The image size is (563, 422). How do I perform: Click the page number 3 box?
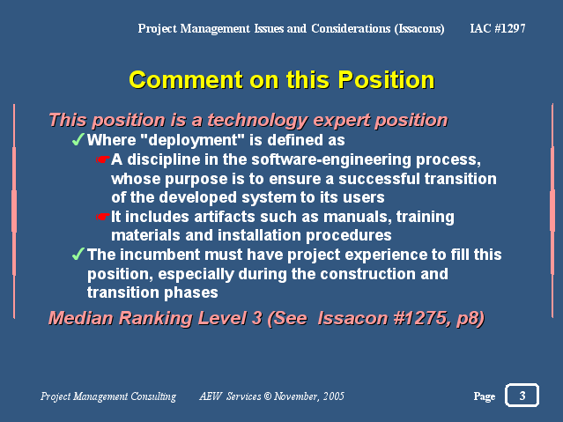522,395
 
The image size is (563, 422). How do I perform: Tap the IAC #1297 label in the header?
498,28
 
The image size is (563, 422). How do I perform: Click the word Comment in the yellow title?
186,79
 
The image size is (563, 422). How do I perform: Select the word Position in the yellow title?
386,79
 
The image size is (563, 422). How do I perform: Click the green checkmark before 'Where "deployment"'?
78,139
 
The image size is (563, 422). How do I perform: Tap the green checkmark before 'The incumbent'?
78,254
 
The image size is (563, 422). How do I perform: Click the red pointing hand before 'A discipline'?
103,159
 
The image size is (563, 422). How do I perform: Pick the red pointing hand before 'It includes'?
103,217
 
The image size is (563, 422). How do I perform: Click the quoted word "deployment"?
192,140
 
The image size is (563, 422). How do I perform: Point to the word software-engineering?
331,159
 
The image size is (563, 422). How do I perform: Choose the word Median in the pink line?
80,318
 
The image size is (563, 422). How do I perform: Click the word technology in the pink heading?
257,121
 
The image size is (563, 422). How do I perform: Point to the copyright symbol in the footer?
268,396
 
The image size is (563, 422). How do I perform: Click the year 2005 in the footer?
334,396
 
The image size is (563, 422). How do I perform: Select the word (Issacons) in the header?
419,29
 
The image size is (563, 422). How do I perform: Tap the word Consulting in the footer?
153,396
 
